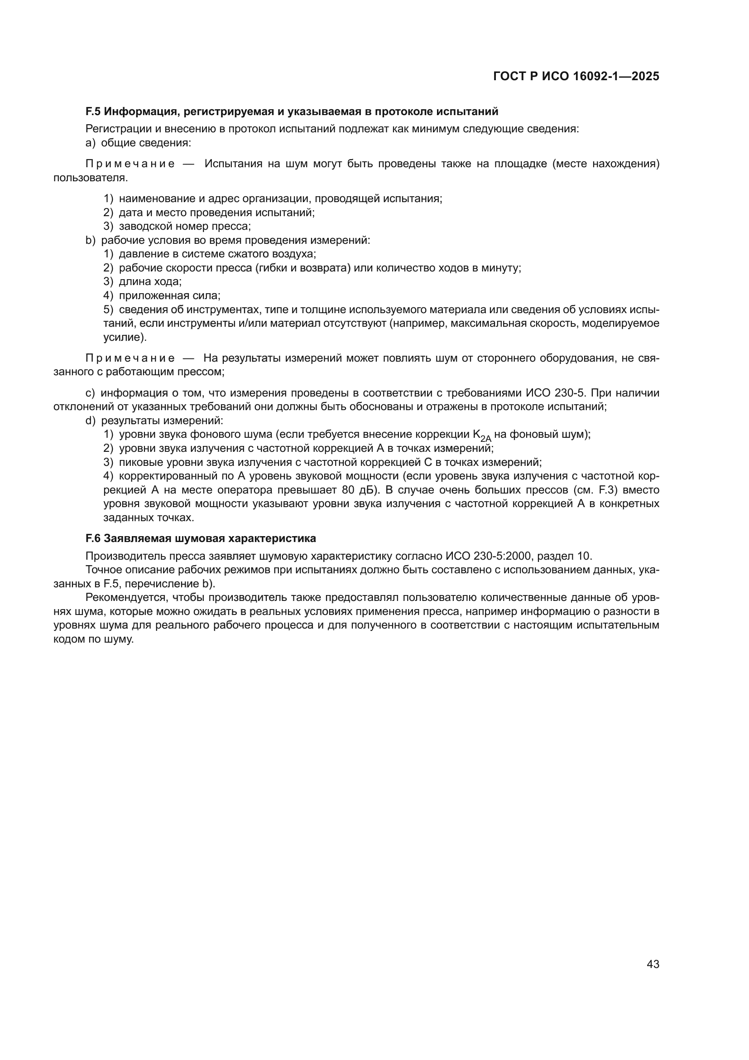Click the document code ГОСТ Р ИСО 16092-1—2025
click(576, 76)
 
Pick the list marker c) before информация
click(91, 393)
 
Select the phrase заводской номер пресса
click(184, 226)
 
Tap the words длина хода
click(150, 281)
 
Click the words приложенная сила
click(169, 295)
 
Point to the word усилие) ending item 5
click(125, 338)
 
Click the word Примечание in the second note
click(130, 358)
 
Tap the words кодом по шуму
click(94, 639)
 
